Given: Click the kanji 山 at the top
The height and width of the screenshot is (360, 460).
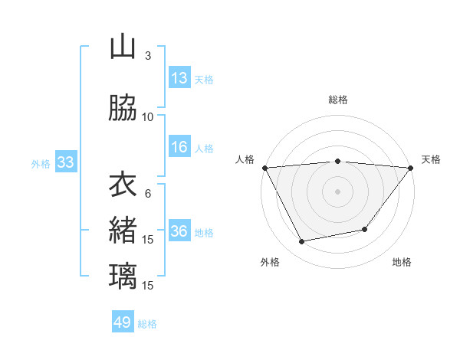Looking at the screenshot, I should tap(123, 47).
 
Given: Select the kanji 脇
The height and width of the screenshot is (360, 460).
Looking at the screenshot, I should tap(123, 109).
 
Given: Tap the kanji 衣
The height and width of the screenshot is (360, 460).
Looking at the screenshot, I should tap(123, 185).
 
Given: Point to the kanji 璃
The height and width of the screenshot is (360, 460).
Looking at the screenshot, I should tap(123, 276).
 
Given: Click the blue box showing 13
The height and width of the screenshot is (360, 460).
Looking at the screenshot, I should tap(179, 78).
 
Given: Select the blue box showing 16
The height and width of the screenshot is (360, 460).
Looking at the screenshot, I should tap(179, 148).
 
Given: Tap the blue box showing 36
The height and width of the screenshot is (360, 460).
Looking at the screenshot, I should tap(179, 232).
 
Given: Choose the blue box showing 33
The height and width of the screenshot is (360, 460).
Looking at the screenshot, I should tap(65, 162).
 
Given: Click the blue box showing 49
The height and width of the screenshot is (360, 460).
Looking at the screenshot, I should tap(123, 322).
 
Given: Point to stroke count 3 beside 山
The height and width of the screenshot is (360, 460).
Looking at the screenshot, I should tap(148, 56).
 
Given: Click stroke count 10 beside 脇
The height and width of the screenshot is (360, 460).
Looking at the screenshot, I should tap(148, 117).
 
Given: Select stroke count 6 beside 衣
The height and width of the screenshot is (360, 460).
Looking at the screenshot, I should tap(148, 193).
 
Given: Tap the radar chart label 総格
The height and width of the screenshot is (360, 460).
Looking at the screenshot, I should tap(338, 100).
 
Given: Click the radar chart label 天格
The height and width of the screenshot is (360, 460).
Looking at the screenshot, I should tap(432, 159).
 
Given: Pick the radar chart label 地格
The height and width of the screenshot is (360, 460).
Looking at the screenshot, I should tap(402, 262).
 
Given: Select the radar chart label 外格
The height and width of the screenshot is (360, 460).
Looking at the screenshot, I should tap(270, 262).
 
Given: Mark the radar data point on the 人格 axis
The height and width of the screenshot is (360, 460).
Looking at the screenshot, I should tap(264, 167).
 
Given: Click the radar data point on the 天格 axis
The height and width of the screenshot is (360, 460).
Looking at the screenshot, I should tap(411, 167).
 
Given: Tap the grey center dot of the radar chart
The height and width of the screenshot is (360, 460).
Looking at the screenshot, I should tap(338, 191).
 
